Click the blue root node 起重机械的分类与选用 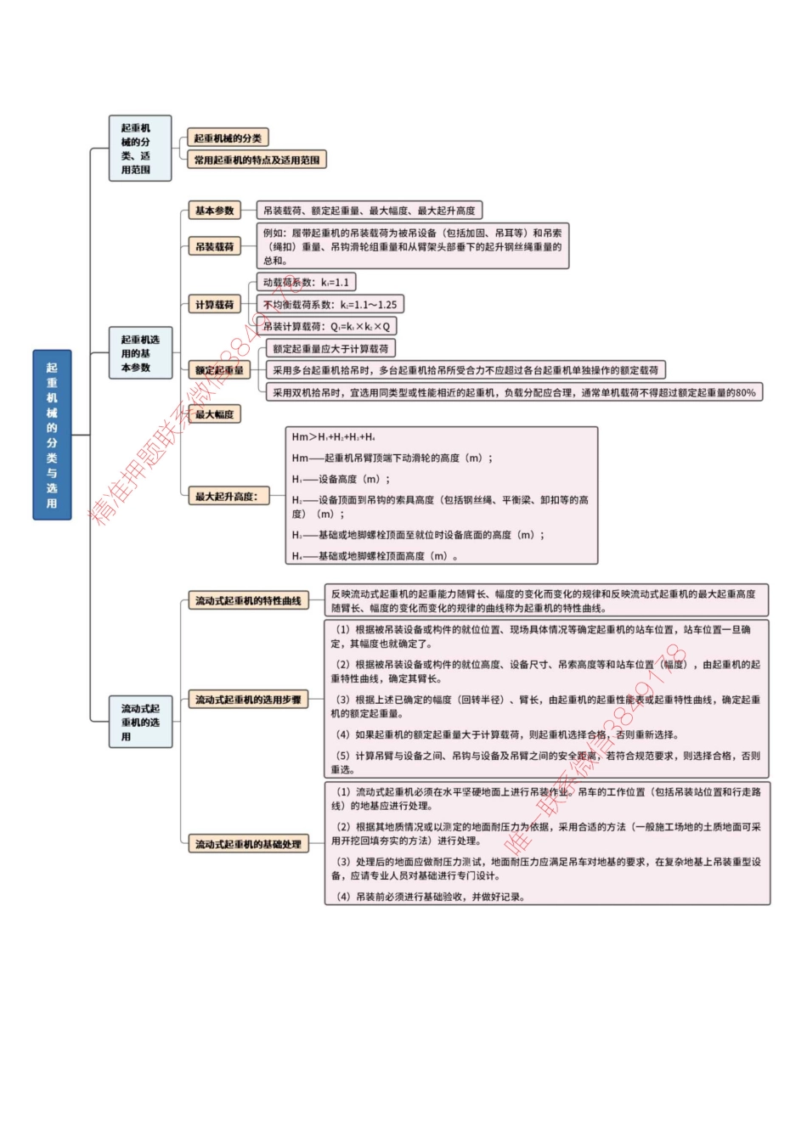click(x=52, y=435)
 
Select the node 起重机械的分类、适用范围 click(x=139, y=149)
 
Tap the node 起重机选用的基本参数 click(x=139, y=353)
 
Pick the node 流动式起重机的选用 click(x=139, y=722)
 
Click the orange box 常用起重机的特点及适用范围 click(x=257, y=160)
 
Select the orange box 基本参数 click(x=214, y=211)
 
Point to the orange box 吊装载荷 click(x=214, y=247)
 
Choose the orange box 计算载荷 click(x=214, y=305)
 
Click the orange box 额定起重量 click(x=219, y=370)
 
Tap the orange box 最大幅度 click(x=214, y=414)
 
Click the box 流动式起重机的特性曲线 click(x=248, y=601)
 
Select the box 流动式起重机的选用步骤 click(x=248, y=700)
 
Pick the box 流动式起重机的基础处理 click(x=248, y=845)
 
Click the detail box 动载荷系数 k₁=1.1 click(x=306, y=283)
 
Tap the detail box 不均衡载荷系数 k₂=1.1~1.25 click(x=330, y=305)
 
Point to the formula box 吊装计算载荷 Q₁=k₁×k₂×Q click(x=327, y=327)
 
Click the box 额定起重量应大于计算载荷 click(x=330, y=349)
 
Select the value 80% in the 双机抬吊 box click(x=745, y=393)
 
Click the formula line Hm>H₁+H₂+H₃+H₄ click(x=333, y=437)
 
